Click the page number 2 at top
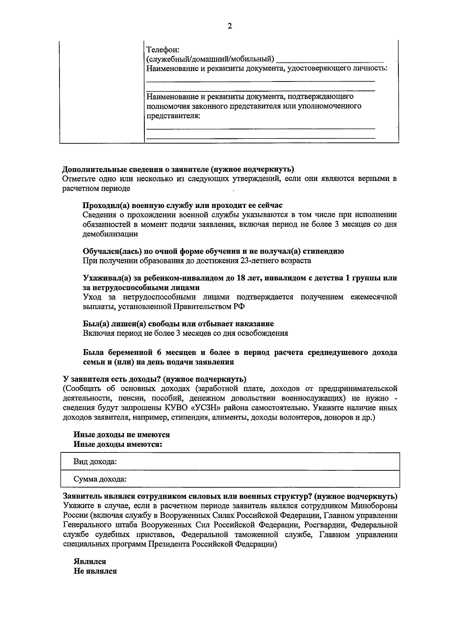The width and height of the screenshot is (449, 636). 230,26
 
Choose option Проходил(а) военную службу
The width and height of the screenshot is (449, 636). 182,205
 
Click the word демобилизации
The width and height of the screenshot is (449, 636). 110,234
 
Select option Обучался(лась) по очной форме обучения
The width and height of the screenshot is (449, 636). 213,251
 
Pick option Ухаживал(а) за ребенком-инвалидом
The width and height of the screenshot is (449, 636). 239,278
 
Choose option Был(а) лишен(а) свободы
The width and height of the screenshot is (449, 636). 178,324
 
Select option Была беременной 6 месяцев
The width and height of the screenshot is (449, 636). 239,353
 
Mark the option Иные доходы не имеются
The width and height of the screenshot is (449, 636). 122,435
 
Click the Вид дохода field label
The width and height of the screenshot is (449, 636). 95,462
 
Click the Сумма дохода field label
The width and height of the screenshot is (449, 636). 100,479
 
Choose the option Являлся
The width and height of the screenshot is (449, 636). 90,562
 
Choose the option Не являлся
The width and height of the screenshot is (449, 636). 95,571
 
